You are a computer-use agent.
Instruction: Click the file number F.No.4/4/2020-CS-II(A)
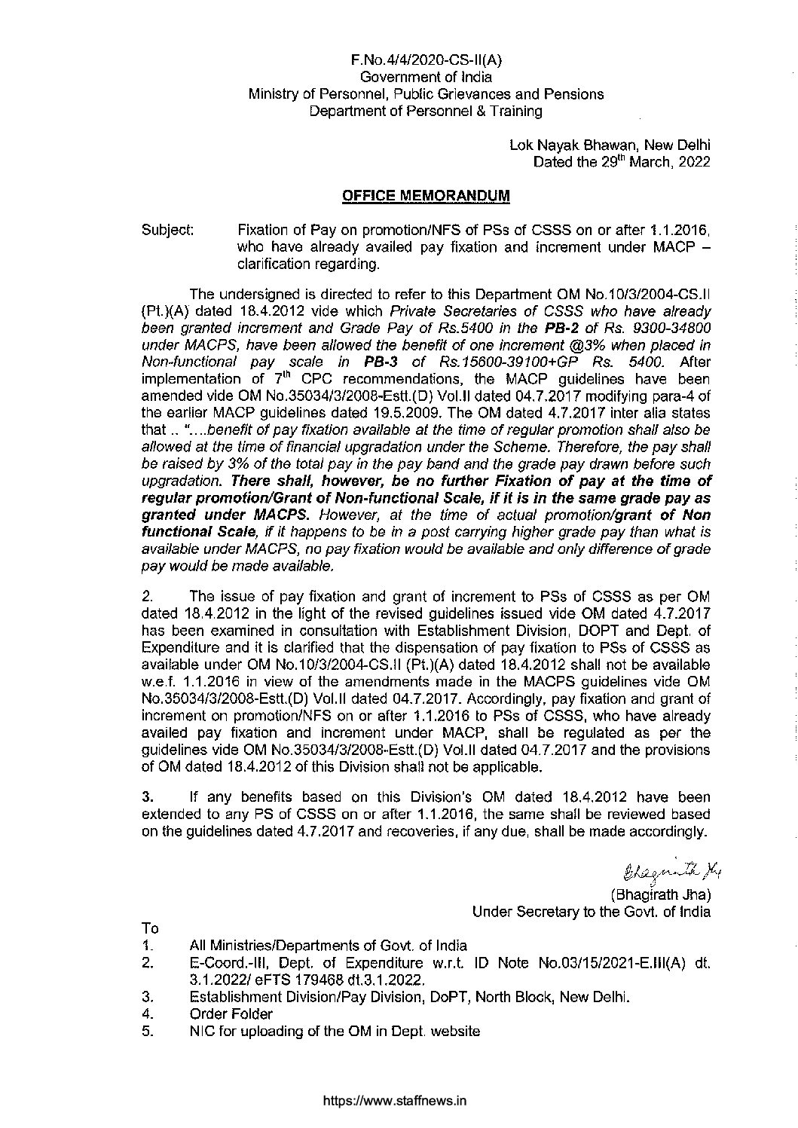coord(426,60)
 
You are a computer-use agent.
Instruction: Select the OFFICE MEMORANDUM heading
coord(426,196)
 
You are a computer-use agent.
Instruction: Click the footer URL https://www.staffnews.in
coord(395,1101)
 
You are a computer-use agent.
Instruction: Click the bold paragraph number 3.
coord(146,797)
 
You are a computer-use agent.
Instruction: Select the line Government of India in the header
coord(426,76)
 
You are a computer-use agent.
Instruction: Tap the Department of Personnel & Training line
coord(426,112)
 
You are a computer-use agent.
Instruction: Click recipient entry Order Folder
coord(231,1014)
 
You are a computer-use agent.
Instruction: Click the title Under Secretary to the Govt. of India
coord(591,912)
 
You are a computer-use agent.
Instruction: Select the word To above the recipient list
coord(150,928)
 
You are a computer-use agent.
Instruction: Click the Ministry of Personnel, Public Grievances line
coord(426,94)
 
